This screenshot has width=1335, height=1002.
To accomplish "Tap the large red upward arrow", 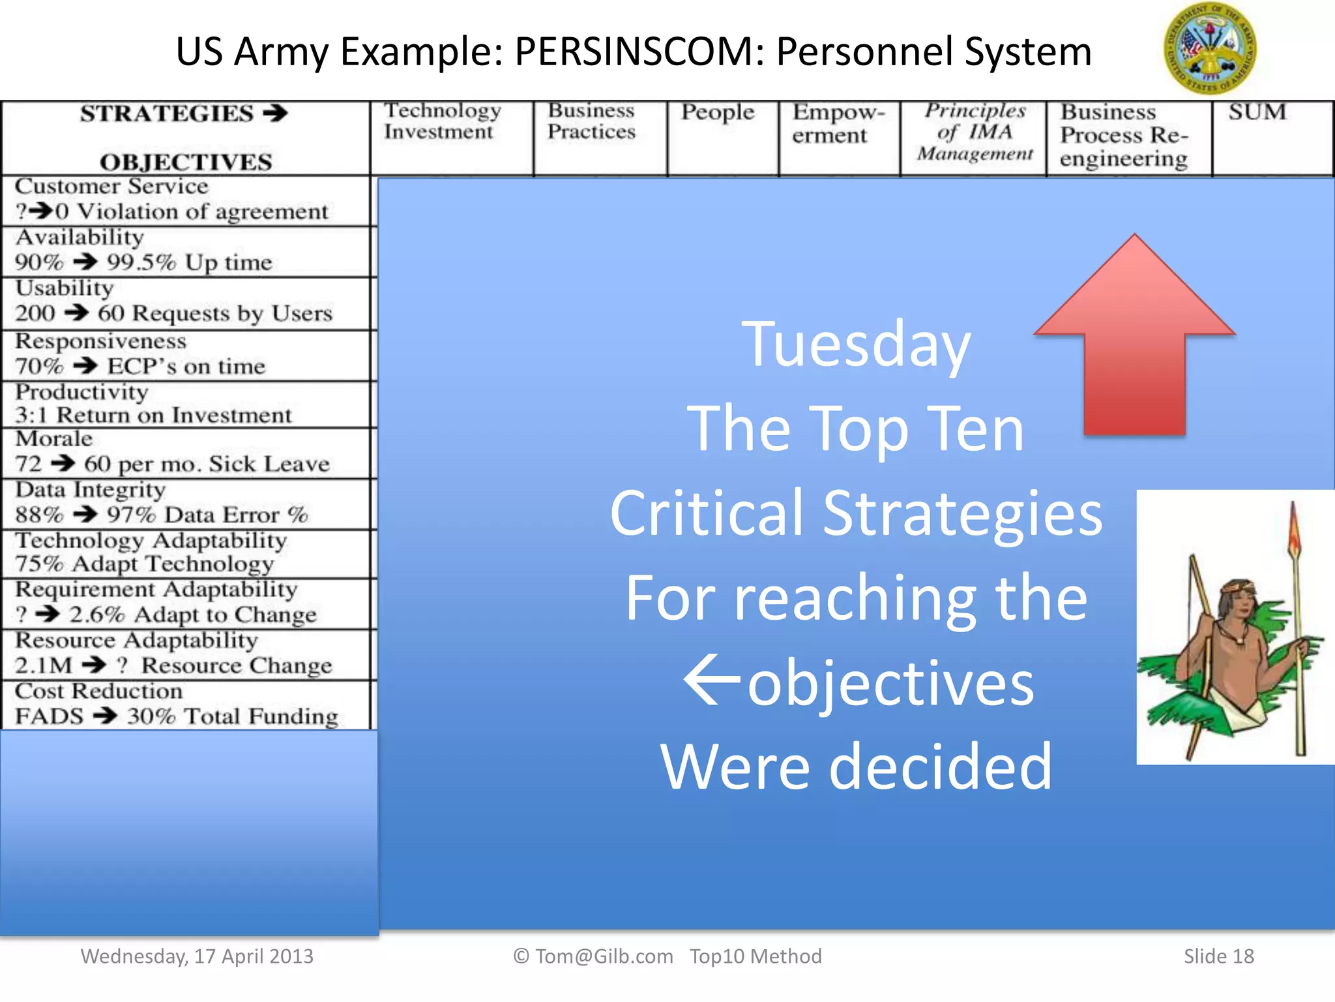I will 1134,339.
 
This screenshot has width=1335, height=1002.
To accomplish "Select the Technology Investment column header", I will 442,121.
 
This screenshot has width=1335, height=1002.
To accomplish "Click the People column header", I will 718,113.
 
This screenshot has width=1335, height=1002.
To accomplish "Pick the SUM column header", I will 1257,112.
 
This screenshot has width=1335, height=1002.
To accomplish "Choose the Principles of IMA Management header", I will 975,132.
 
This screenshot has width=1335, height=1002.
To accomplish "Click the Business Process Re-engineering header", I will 1124,135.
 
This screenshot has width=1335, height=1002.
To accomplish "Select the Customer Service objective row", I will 171,199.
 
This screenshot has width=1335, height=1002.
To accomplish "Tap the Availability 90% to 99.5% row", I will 143,250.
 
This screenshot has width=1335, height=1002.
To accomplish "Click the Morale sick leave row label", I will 172,452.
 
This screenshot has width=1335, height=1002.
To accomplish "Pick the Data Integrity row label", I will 160,503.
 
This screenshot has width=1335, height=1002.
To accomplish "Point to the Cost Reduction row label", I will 176,705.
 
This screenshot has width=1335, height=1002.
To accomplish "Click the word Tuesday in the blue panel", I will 856,344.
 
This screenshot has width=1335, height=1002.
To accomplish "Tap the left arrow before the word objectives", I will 712,682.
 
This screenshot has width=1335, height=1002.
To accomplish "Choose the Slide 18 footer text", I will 1218,956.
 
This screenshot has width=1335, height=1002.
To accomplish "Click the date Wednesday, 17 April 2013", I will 197,956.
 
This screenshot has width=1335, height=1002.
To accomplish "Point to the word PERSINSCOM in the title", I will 639,52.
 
